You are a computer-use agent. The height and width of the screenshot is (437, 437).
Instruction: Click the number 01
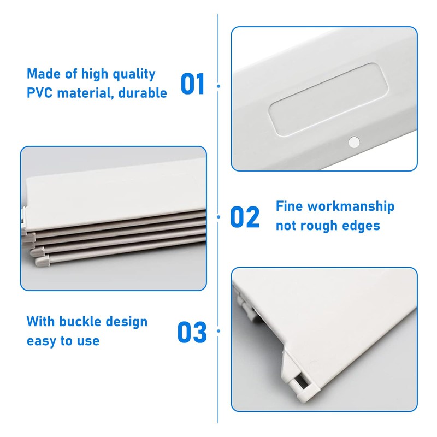(192, 84)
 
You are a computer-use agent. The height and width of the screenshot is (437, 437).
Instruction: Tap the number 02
(245, 217)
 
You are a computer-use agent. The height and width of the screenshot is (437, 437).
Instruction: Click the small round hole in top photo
(353, 142)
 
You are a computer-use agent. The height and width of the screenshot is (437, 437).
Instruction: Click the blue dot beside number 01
(218, 86)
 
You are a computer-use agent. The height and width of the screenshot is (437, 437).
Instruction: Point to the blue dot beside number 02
(218, 217)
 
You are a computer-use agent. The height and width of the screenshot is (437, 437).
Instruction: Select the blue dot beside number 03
(218, 331)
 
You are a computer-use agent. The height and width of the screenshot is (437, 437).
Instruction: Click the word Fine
(289, 206)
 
